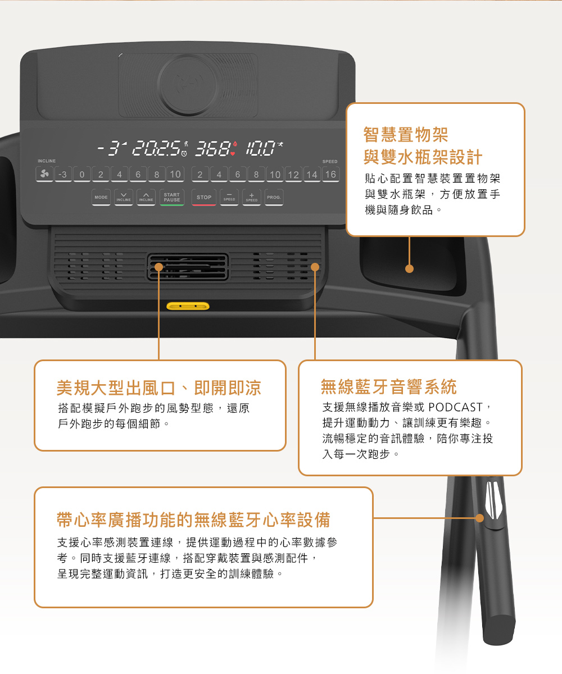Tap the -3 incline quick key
(63, 174)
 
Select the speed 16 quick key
(330, 174)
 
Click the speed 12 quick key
(293, 174)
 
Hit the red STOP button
(204, 197)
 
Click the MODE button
(101, 197)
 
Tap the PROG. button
(274, 197)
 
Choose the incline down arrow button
(124, 197)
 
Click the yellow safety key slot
(188, 306)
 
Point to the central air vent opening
(188, 267)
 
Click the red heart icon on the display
(233, 153)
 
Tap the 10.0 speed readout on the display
(260, 148)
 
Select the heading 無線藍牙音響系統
(388, 387)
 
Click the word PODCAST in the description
(455, 407)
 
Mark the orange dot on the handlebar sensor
(479, 518)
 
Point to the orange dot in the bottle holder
(409, 268)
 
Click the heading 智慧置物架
(406, 135)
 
